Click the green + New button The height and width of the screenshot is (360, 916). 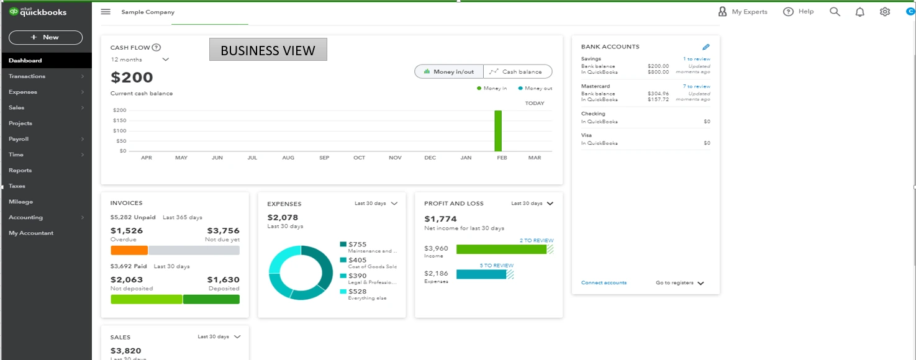45,37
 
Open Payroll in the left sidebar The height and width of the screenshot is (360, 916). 19,139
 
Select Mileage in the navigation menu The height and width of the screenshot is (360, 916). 20,202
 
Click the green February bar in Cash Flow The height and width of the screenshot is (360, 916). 498,131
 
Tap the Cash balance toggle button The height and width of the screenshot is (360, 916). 517,72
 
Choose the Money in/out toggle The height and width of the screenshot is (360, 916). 449,72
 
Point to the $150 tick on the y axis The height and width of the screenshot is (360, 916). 119,120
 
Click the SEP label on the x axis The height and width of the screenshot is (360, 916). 324,158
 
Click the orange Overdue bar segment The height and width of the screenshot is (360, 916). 129,250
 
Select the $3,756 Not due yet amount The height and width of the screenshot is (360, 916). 223,231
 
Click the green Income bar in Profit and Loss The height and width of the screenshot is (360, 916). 501,249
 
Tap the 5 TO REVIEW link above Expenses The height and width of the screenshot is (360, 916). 496,266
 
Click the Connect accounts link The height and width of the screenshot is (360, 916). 604,283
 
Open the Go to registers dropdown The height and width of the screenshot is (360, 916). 679,283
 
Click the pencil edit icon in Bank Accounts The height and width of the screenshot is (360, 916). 705,47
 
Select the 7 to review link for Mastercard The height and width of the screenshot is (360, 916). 696,86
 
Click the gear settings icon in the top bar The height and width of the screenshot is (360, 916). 885,12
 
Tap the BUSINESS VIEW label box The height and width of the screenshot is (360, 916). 268,50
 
